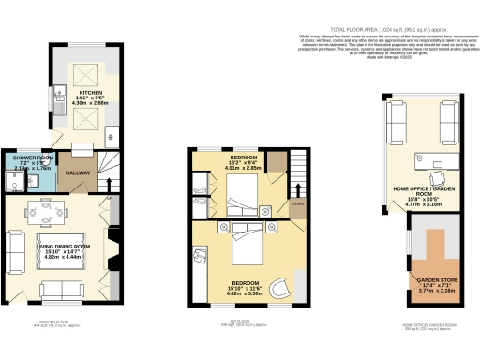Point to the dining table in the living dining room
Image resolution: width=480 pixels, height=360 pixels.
point(45,213)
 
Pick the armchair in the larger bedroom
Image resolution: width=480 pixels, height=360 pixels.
point(280,288)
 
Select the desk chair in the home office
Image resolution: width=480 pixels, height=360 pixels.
point(437,175)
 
